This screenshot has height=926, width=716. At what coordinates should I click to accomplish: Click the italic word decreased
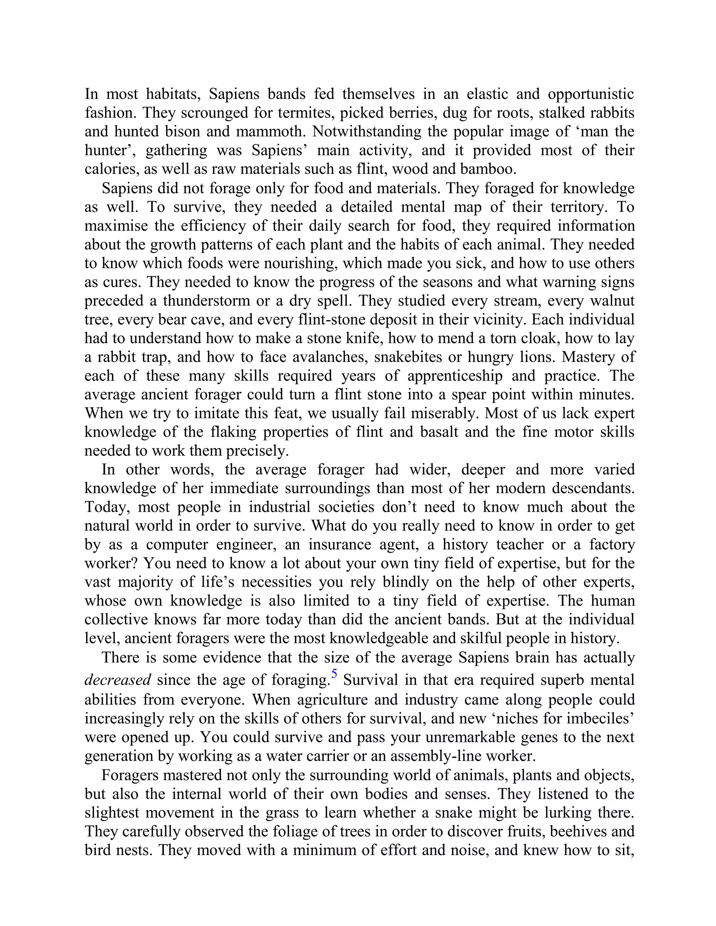(x=117, y=680)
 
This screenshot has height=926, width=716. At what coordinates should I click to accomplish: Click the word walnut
(x=612, y=301)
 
